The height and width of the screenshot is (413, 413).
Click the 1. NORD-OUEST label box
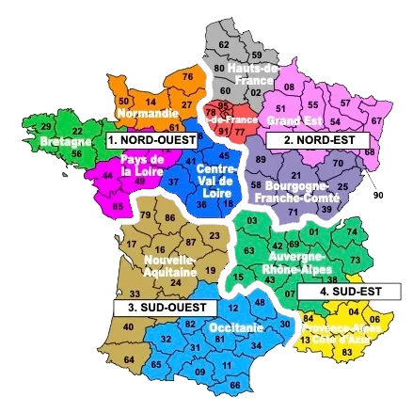tap(151, 140)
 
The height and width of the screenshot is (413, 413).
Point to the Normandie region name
tap(145, 115)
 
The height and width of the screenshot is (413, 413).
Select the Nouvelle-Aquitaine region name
tap(169, 265)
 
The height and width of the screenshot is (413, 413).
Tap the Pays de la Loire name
tap(142, 167)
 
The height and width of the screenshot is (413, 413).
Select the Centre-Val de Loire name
tap(216, 179)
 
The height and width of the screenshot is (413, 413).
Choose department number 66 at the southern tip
tap(234, 384)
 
